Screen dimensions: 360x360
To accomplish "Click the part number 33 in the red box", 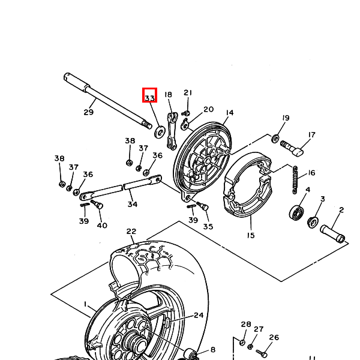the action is [x=149, y=98].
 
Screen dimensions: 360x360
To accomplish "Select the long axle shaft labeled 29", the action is [x=107, y=101].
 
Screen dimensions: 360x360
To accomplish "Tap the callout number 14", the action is [x=230, y=113].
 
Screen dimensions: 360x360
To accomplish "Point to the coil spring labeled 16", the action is [x=295, y=180].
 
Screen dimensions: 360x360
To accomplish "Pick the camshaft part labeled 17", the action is [x=292, y=148].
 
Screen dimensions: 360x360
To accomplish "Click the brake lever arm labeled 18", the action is [x=172, y=131].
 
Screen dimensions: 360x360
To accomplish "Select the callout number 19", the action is [x=286, y=118].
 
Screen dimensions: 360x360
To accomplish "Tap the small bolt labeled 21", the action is [x=186, y=113].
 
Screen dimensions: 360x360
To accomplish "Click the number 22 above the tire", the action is [x=131, y=231].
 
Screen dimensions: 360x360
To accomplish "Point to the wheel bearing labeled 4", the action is [x=296, y=212].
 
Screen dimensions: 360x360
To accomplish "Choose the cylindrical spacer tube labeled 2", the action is [x=332, y=234].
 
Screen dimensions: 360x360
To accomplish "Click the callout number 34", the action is [x=133, y=204].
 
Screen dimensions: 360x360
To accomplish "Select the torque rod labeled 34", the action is [x=121, y=188].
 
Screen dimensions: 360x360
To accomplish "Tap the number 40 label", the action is [x=102, y=226].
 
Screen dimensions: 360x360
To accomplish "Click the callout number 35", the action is [x=208, y=227].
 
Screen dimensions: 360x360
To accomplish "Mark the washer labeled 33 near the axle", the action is [x=160, y=132].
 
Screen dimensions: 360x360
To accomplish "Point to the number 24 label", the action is [x=199, y=315].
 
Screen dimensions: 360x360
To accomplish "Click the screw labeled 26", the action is [x=262, y=353].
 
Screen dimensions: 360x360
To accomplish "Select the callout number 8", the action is [x=213, y=350].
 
